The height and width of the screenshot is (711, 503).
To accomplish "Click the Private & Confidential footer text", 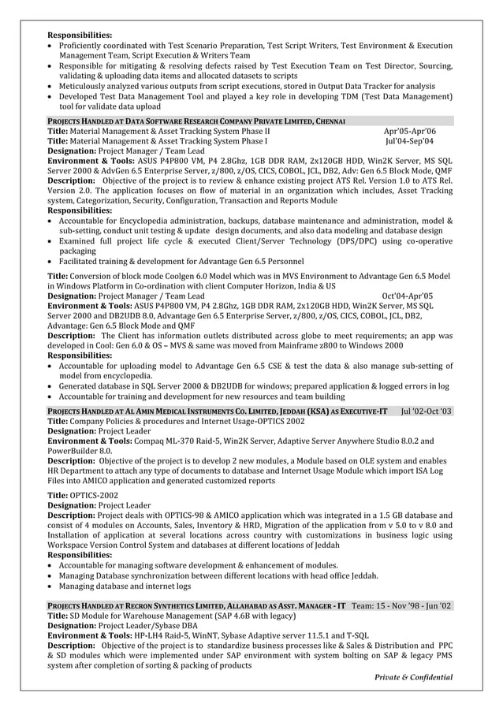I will click(x=414, y=677).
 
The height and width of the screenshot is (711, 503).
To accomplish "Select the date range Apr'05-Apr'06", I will click(x=408, y=131).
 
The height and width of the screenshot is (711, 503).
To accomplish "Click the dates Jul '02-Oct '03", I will click(x=427, y=411).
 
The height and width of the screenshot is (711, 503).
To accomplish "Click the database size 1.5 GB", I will click(x=382, y=516).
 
